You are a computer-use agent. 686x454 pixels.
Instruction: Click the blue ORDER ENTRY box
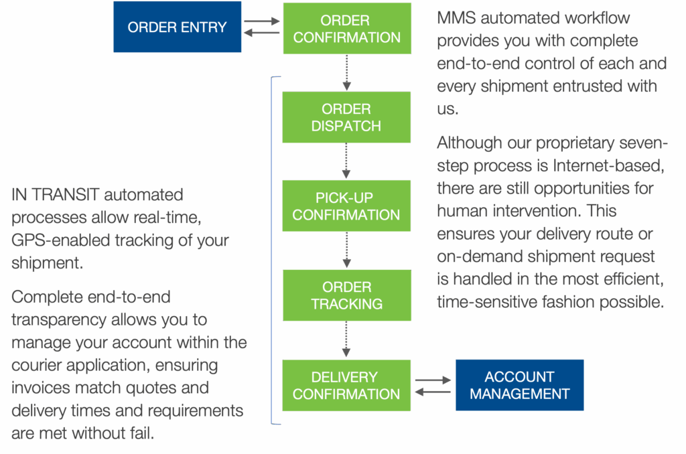coord(177,27)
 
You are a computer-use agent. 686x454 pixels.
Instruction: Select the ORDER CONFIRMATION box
coord(346,29)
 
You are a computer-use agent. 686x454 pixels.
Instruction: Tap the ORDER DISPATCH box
coord(346,117)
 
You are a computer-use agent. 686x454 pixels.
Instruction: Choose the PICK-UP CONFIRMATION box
coord(346,206)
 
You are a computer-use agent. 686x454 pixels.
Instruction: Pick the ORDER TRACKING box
coord(346,295)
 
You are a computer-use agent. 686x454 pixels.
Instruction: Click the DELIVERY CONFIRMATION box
coord(346,385)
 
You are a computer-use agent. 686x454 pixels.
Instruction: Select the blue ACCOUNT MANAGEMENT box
coord(519,385)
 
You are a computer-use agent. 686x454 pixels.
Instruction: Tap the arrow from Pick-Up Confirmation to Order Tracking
coord(346,250)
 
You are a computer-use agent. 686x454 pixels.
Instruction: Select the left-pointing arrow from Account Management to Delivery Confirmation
coord(433,391)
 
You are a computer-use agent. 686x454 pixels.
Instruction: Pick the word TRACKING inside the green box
coord(346,304)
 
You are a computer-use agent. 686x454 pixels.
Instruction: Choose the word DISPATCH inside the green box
coord(346,126)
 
